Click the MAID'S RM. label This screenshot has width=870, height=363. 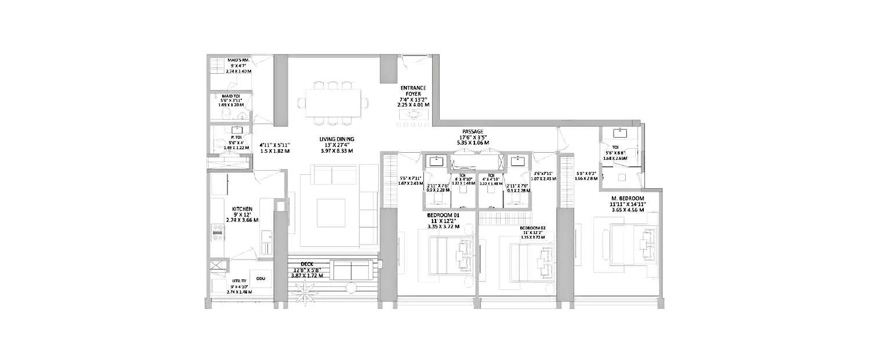pyautogui.click(x=238, y=60)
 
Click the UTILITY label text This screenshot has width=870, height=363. pyautogui.click(x=223, y=281)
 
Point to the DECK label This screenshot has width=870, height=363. pyautogui.click(x=307, y=264)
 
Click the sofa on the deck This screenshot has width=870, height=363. pyautogui.click(x=351, y=270)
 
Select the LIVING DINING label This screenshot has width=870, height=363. pyautogui.click(x=336, y=139)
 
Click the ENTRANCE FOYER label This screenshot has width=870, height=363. pyautogui.click(x=413, y=92)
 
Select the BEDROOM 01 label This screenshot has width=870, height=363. pyautogui.click(x=443, y=215)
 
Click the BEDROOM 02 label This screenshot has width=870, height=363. pyautogui.click(x=532, y=228)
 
